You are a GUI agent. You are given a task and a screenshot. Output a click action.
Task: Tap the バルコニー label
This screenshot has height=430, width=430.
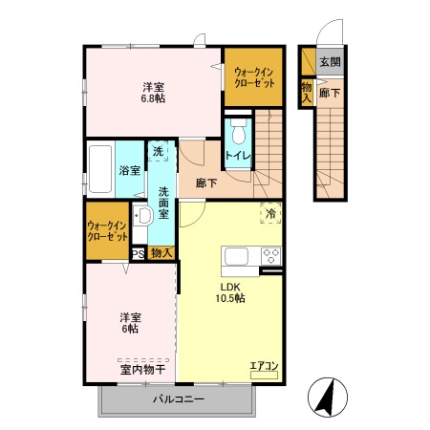(x=178, y=398)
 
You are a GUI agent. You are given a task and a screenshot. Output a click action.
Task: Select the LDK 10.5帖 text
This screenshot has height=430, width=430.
(x=233, y=291)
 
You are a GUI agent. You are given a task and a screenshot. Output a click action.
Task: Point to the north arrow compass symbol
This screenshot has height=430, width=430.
(x=327, y=393)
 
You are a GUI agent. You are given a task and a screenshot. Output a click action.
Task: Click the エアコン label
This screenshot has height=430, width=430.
(x=264, y=365)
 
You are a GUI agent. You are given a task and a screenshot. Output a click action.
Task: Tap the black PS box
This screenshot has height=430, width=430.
(x=138, y=253)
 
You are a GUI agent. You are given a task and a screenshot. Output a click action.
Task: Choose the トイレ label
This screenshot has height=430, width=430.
(x=237, y=157)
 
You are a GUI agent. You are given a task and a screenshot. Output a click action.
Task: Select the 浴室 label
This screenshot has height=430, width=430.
(x=129, y=171)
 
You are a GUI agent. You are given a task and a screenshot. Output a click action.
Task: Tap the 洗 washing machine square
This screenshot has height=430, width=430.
(x=159, y=151)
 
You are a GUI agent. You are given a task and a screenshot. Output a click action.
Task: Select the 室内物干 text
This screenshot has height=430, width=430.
(x=142, y=368)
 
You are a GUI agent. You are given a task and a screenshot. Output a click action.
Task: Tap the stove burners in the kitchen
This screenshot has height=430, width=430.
(x=269, y=255)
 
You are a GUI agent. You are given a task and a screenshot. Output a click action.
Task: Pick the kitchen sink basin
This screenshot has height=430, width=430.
(x=234, y=256)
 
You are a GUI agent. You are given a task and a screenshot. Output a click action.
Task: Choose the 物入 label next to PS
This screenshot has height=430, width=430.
(x=161, y=253)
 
